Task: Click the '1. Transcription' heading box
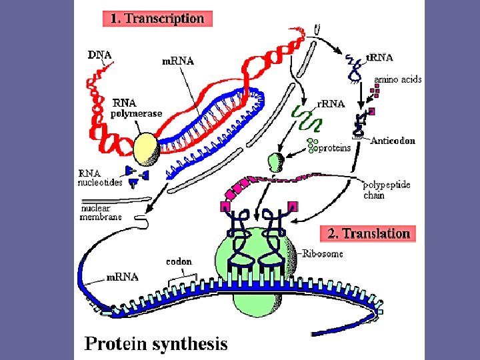[x=157, y=18]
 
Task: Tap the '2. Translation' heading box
[x=369, y=233]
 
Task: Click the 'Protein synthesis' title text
[x=155, y=344]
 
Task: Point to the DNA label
[x=99, y=55]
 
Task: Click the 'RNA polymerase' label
[x=137, y=109]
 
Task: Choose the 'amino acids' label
[x=397, y=79]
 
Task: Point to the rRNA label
[x=331, y=103]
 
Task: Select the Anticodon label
[x=393, y=141]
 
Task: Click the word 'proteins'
[x=334, y=148]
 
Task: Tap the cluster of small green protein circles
[x=311, y=145]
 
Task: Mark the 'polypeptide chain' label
[x=386, y=189]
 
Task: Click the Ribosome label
[x=323, y=253]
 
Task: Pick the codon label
[x=179, y=262]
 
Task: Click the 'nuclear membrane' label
[x=101, y=211]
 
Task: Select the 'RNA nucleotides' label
[x=100, y=177]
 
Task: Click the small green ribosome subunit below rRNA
[x=275, y=161]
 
